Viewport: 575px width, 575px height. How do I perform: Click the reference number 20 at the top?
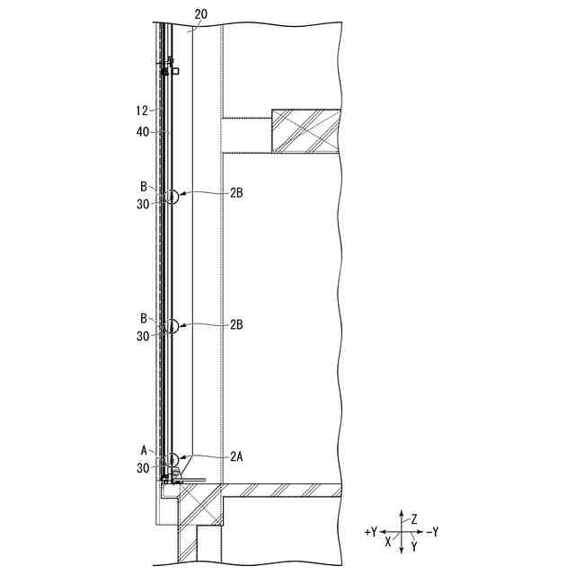tap(201, 14)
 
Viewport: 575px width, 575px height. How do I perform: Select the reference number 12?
tap(142, 111)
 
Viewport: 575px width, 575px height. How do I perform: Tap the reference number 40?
tap(143, 132)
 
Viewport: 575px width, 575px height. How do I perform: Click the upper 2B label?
tap(236, 193)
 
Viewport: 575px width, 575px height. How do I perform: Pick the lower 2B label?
tap(236, 324)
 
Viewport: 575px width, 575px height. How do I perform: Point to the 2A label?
tap(236, 456)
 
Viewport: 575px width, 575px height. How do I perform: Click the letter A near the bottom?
tap(144, 450)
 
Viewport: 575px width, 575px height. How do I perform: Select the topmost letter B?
tap(144, 187)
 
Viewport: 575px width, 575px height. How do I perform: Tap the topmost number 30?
tap(143, 204)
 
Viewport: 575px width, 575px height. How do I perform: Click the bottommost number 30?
tap(143, 468)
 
